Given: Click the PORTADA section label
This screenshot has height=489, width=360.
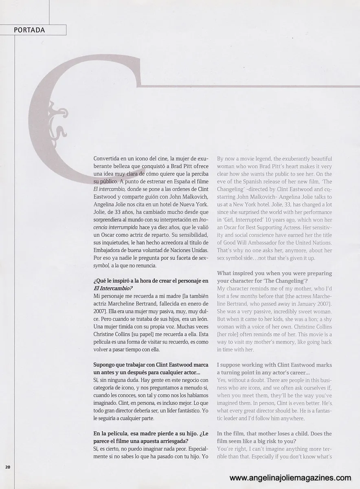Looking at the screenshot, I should pyautogui.click(x=29, y=30).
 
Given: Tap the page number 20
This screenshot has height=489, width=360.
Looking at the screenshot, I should pyautogui.click(x=8, y=467).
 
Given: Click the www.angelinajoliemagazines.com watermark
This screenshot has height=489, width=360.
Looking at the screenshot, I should pyautogui.click(x=290, y=478).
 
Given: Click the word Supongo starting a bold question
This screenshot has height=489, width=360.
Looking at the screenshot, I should pyautogui.click(x=105, y=364).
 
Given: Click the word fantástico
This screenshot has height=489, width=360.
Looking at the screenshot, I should pyautogui.click(x=180, y=410).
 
